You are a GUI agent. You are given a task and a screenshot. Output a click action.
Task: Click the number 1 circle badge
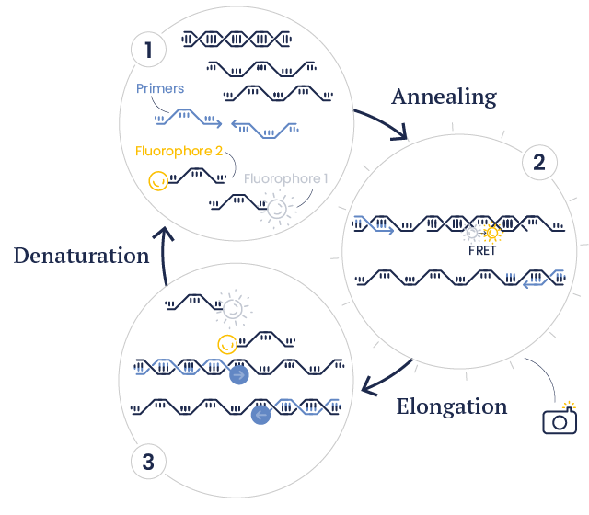147,49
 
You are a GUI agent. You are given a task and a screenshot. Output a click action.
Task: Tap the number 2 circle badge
539,163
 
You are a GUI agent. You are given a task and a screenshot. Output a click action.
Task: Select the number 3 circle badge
147,461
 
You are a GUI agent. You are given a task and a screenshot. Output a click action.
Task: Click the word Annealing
444,97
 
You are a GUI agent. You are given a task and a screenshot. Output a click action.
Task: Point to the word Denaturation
81,256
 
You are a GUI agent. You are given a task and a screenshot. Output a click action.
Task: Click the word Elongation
452,406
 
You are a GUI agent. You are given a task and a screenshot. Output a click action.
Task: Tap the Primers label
160,89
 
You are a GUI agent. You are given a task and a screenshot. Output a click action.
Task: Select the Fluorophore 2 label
179,151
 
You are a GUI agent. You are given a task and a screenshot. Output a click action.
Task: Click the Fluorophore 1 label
286,178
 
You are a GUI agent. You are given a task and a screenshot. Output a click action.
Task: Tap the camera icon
560,419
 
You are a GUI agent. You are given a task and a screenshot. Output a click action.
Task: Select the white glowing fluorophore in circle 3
233,308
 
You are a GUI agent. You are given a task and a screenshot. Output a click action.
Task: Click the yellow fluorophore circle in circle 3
225,344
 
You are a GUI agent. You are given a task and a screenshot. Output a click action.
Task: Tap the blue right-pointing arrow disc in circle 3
239,375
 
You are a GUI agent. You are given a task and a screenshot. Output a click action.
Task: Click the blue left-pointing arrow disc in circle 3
261,415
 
